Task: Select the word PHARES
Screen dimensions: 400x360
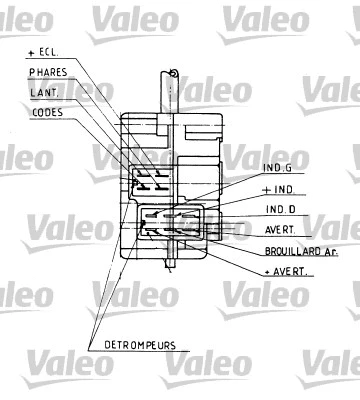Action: [48, 72]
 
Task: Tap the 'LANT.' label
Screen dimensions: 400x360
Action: [44, 92]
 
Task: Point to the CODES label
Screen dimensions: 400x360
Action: [47, 113]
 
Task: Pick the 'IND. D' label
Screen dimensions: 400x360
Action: [280, 209]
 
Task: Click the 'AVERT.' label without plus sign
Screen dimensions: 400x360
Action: [280, 229]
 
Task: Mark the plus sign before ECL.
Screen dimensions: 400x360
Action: [33, 51]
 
